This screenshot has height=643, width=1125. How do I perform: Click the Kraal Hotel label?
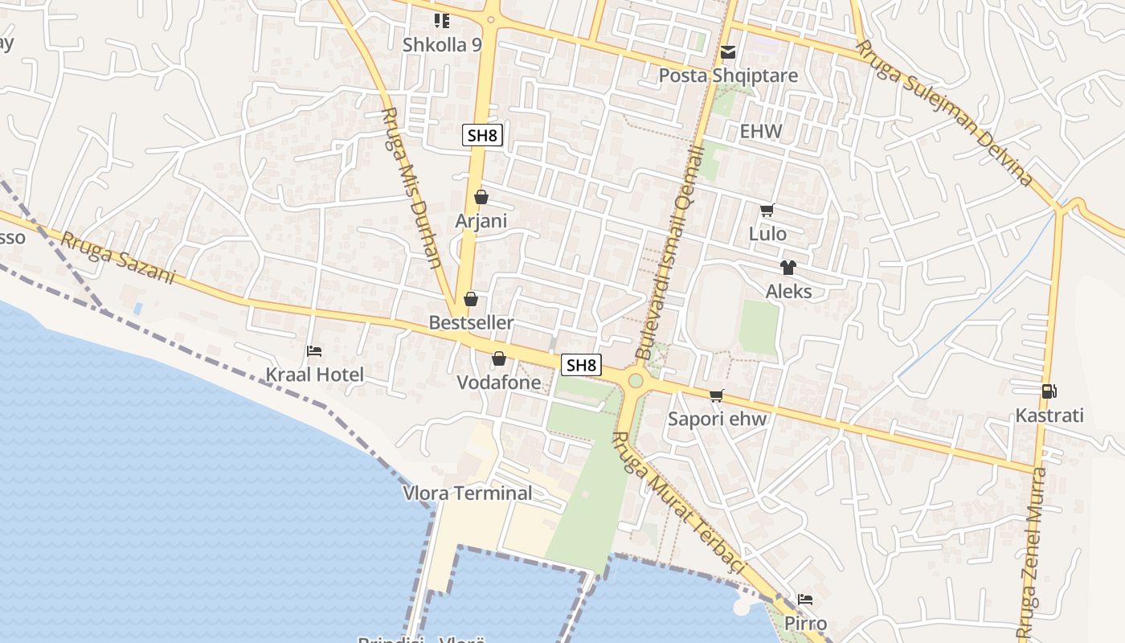point(315,375)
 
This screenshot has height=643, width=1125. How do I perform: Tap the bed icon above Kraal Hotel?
point(314,351)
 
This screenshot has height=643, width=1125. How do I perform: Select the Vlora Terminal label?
point(468,494)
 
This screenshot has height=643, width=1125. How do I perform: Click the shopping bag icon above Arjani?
point(481,197)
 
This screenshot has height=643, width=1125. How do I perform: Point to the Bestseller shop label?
point(471,322)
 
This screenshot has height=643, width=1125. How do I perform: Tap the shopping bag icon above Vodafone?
point(499,358)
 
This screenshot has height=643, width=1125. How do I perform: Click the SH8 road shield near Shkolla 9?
point(482,135)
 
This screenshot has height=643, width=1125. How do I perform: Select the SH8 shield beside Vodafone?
point(581,365)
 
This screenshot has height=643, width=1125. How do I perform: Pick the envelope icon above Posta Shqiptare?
point(728,52)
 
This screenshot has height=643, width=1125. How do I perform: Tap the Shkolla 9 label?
point(442,44)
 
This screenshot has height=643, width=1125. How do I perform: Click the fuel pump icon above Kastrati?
point(1049,391)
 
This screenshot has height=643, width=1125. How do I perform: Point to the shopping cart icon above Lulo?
point(767,211)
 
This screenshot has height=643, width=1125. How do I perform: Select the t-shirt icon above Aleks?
point(787,268)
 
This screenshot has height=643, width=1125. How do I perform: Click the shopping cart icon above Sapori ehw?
point(717,395)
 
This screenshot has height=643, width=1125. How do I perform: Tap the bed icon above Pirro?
point(805,600)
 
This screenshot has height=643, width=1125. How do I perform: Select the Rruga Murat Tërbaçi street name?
point(679,503)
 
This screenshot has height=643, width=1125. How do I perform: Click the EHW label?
point(760,131)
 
